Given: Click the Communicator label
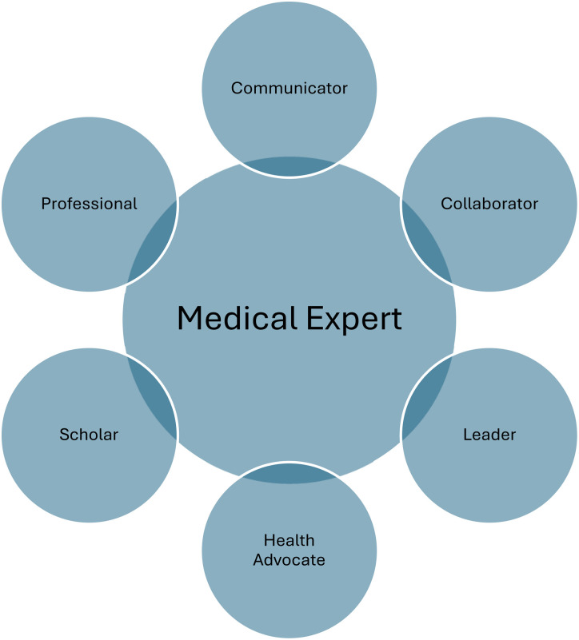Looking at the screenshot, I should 289,87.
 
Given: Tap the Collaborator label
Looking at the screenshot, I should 489,203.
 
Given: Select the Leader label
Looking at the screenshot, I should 489,435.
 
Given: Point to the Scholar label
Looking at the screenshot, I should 89,435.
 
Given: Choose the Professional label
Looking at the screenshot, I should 89,203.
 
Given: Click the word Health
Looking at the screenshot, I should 289,540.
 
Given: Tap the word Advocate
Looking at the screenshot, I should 289,559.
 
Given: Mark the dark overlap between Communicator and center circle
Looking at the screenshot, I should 289,165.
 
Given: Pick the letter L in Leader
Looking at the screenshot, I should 467,435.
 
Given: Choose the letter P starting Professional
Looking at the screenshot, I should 46,203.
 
